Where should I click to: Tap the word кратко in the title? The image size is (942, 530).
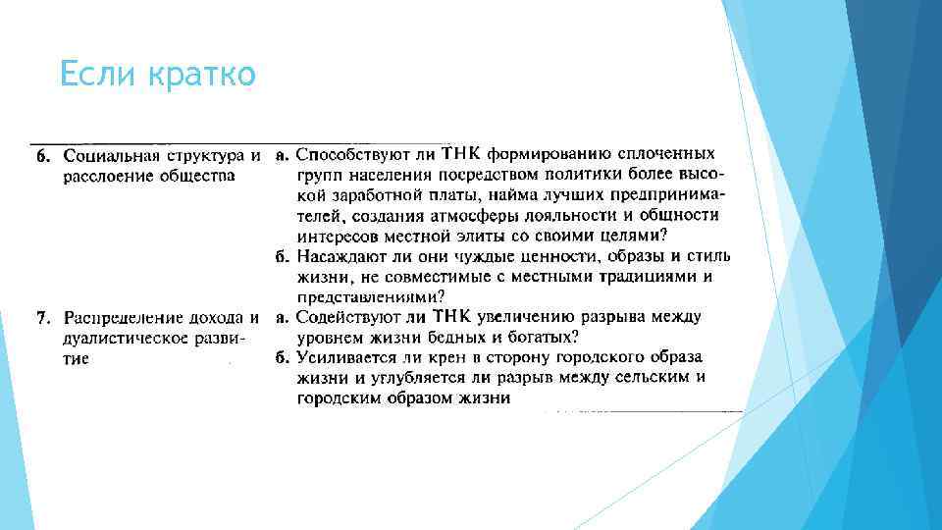(201, 74)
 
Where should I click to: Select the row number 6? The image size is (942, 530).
(42, 156)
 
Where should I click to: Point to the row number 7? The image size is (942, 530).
(42, 318)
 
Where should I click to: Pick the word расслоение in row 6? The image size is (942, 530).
(100, 176)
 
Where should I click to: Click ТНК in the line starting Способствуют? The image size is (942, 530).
(459, 154)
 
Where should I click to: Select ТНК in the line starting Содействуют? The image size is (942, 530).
(451, 316)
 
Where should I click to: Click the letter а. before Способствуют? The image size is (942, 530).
(281, 155)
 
